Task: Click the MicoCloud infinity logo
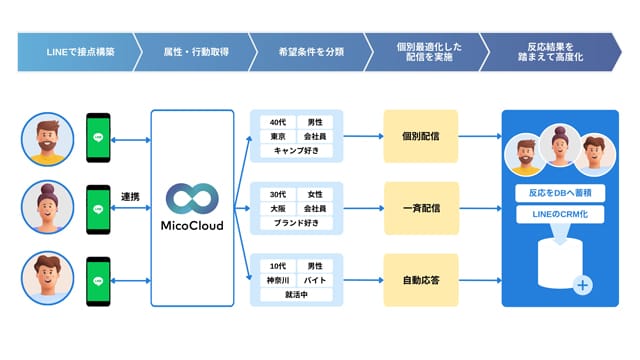(192, 198)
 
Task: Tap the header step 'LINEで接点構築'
(80, 52)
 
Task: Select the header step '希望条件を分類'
(311, 52)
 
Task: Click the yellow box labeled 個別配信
(421, 136)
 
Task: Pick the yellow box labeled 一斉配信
(421, 208)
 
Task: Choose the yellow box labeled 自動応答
(421, 280)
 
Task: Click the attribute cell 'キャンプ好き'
(296, 151)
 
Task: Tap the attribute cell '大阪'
(278, 209)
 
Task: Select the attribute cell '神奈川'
(278, 280)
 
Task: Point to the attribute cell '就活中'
(296, 295)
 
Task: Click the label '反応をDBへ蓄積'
(560, 193)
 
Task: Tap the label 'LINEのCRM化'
(560, 214)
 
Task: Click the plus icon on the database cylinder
(582, 285)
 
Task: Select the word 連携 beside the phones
(130, 197)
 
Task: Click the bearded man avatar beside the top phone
(48, 139)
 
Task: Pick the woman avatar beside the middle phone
(48, 207)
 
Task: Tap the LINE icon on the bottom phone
(98, 281)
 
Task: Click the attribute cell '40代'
(278, 122)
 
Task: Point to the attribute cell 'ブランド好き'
(296, 223)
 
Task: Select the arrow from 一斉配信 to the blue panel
(480, 208)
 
